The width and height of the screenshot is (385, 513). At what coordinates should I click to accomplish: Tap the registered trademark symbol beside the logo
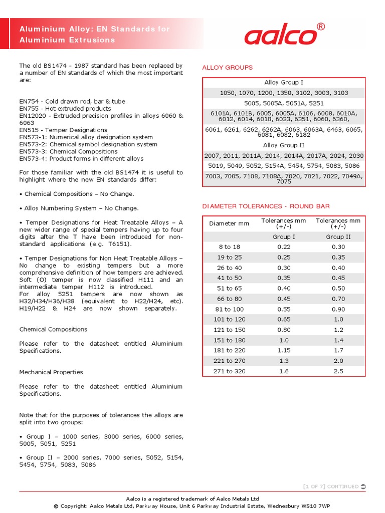coord(321,27)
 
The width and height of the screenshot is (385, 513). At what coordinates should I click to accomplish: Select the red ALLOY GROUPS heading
coord(227,68)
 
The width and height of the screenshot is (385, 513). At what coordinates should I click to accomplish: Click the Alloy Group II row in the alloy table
coord(284,145)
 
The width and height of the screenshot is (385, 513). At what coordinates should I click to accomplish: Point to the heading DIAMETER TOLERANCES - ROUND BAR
coord(266,206)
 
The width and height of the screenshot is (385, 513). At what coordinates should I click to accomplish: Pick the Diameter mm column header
coord(229,223)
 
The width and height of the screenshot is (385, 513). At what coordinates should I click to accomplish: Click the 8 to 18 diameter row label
coord(229,247)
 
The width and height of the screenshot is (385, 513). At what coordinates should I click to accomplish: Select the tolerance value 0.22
coord(284,247)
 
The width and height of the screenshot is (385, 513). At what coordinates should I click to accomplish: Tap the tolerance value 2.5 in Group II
coord(338,371)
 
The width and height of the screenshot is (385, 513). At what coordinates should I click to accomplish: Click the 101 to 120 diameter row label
coord(229,319)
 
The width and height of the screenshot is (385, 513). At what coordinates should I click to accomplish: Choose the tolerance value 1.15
coord(284,350)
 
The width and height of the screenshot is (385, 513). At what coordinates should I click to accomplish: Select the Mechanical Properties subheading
coord(51,372)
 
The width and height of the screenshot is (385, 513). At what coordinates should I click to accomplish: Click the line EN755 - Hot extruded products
coord(65,109)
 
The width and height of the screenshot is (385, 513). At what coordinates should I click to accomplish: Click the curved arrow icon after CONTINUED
coord(363,486)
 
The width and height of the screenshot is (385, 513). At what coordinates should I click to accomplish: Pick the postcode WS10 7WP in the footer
coord(316,506)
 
